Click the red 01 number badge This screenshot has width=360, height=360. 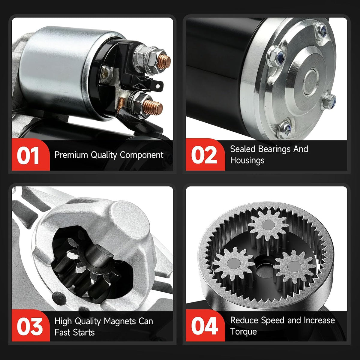pos(31,155)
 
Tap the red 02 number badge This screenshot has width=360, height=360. pos(205,155)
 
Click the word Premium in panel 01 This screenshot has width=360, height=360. pos(71,155)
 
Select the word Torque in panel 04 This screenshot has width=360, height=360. pos(243,331)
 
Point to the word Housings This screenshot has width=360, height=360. pos(247,160)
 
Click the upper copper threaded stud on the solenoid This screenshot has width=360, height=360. pos(163,61)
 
